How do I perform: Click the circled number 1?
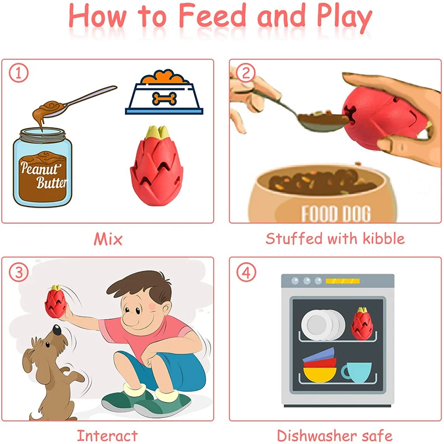19,73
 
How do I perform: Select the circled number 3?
19,272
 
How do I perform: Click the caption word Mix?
108,239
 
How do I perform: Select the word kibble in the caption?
384,239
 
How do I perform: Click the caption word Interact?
107,436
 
